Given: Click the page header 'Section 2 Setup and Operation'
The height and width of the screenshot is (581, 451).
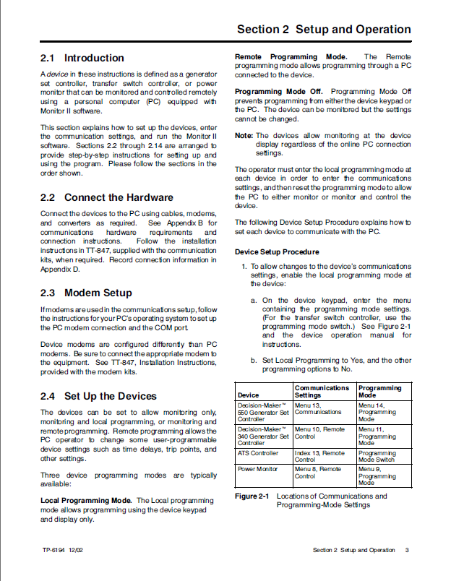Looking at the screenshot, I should (x=324, y=30).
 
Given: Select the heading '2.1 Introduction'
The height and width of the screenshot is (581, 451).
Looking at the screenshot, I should (x=82, y=58).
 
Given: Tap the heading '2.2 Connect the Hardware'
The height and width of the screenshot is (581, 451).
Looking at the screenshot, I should (x=106, y=197).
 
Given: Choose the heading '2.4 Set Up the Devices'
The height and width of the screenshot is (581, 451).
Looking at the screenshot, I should (x=98, y=396).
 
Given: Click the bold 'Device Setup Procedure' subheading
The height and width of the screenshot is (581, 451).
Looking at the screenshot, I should (x=277, y=252).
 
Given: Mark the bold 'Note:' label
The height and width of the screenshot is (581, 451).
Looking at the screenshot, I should (x=244, y=135).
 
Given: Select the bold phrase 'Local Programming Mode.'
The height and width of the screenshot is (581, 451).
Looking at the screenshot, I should (x=86, y=500).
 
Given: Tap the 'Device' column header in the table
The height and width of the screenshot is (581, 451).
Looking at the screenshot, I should (x=248, y=395).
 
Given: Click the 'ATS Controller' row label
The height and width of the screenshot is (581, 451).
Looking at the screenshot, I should (x=257, y=453).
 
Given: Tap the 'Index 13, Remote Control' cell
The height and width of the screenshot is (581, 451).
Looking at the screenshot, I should (x=319, y=457).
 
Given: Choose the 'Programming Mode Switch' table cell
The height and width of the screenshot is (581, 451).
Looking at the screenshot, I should (x=377, y=457).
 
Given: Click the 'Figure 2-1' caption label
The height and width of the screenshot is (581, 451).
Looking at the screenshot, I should (x=252, y=496).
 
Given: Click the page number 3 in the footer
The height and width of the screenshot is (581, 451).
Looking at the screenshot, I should (x=407, y=550).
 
